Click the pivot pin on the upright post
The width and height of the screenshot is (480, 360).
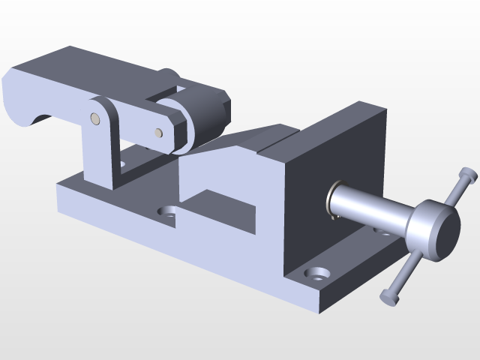pos(94,118)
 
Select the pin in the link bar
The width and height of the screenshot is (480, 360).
pos(158,133)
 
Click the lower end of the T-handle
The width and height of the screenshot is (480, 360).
pos(388,297)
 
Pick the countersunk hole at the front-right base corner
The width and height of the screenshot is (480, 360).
pos(319,273)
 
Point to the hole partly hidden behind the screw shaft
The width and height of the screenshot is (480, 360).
pos(382,232)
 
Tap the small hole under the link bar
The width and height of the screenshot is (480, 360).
pos(121,161)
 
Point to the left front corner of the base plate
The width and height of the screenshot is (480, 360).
pos(58,199)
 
